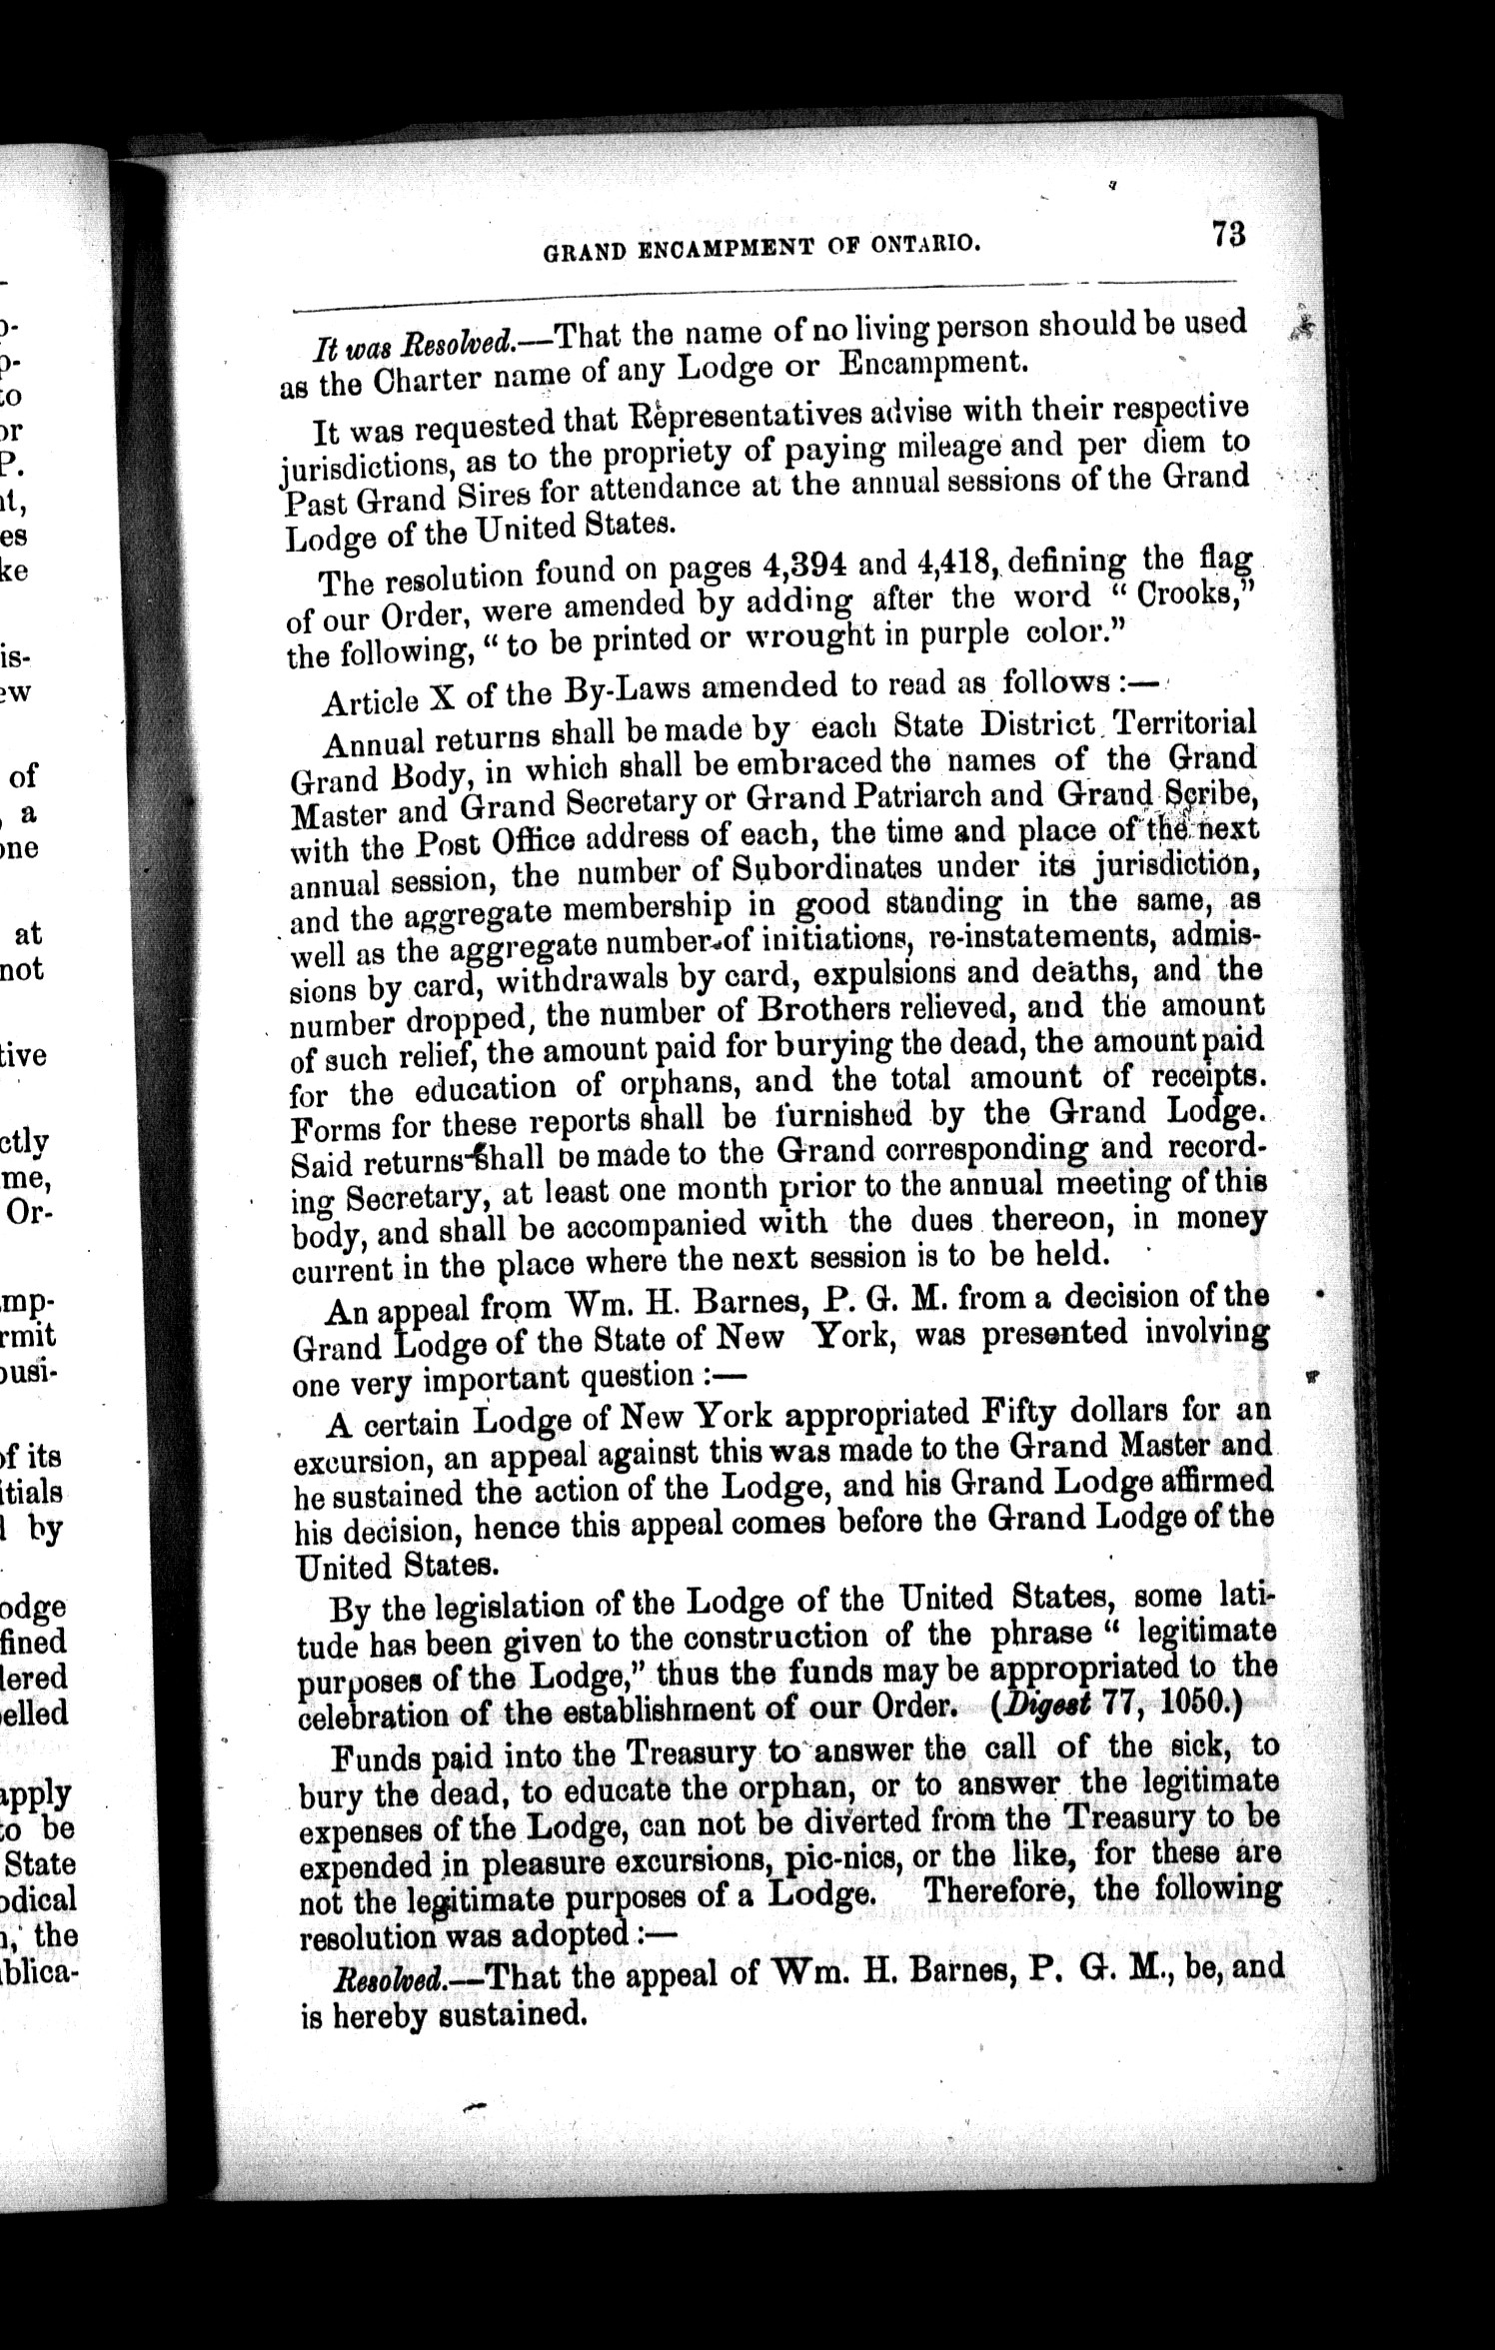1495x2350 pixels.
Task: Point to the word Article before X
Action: (370, 699)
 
